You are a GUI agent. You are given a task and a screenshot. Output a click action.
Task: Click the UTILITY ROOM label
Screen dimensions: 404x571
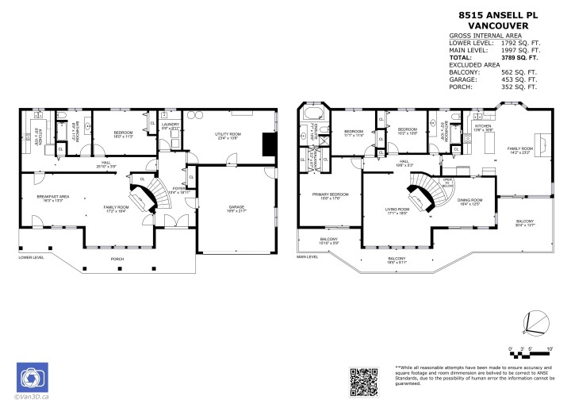(227, 136)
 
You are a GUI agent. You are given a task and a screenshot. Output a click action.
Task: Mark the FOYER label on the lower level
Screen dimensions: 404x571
(179, 189)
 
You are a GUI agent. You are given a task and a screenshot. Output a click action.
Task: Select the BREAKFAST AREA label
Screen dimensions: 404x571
(50, 197)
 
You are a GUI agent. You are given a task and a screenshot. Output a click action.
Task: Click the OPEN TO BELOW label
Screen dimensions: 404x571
(447, 182)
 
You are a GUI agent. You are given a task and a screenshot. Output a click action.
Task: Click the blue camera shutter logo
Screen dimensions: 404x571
(33, 378)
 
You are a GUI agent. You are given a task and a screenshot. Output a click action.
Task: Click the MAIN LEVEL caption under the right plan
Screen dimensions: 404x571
(308, 257)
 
